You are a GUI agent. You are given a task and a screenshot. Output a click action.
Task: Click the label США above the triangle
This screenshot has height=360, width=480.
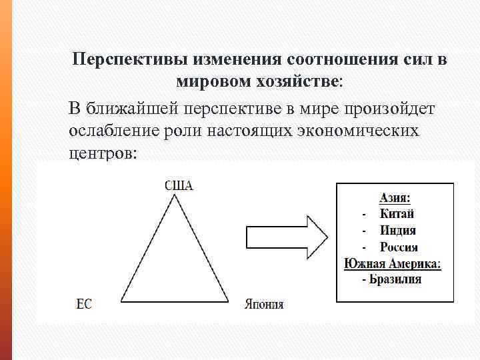[179, 185]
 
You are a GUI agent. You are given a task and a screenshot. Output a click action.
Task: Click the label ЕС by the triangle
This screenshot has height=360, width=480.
[84, 304]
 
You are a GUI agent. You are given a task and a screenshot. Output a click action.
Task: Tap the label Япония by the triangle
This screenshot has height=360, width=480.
[264, 304]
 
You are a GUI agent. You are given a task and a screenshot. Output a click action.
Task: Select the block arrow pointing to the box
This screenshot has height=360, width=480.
[287, 237]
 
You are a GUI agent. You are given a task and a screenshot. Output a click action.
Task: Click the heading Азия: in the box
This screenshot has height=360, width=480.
[395, 197]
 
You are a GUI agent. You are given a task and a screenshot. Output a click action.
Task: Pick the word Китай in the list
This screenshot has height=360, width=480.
[397, 214]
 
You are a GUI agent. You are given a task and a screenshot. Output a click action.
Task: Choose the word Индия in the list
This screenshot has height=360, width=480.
[398, 231]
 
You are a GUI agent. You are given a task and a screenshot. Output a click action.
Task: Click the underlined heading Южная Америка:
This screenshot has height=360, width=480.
[393, 263]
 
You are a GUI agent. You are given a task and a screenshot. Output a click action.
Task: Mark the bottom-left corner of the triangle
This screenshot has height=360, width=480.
[121, 301]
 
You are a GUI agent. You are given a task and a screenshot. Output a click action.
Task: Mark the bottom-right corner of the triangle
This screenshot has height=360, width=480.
[230, 301]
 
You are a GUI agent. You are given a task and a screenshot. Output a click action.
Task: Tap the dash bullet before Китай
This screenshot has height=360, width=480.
[363, 215]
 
